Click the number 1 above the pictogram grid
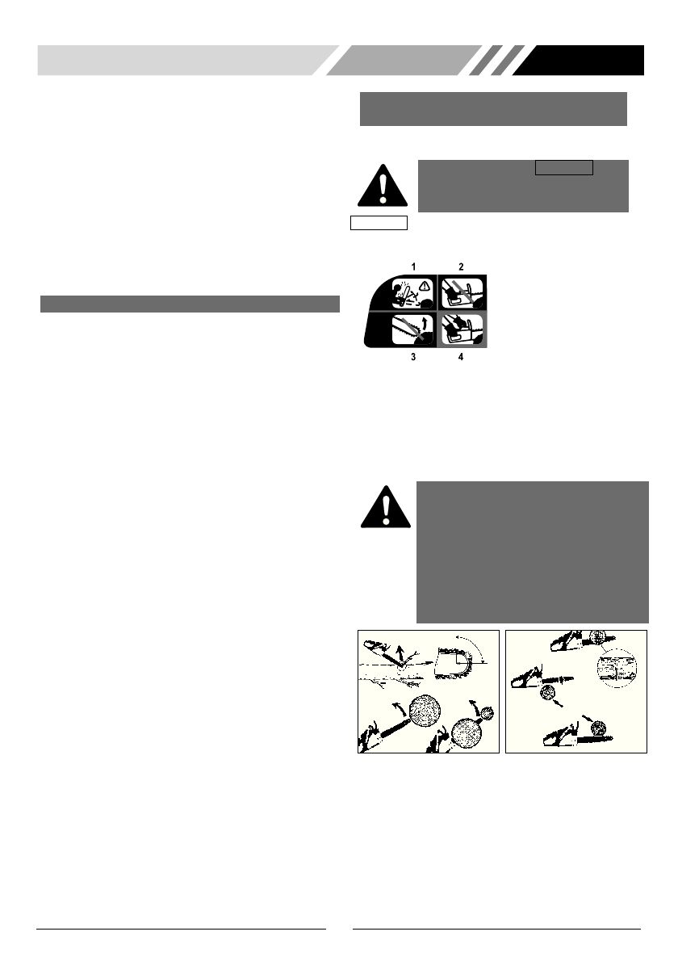pos(412,266)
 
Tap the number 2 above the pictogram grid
pos(462,266)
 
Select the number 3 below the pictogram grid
pos(412,356)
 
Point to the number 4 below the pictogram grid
pos(462,356)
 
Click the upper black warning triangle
pos(383,186)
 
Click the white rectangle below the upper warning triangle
pos(379,223)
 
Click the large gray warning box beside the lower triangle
pos(533,552)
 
